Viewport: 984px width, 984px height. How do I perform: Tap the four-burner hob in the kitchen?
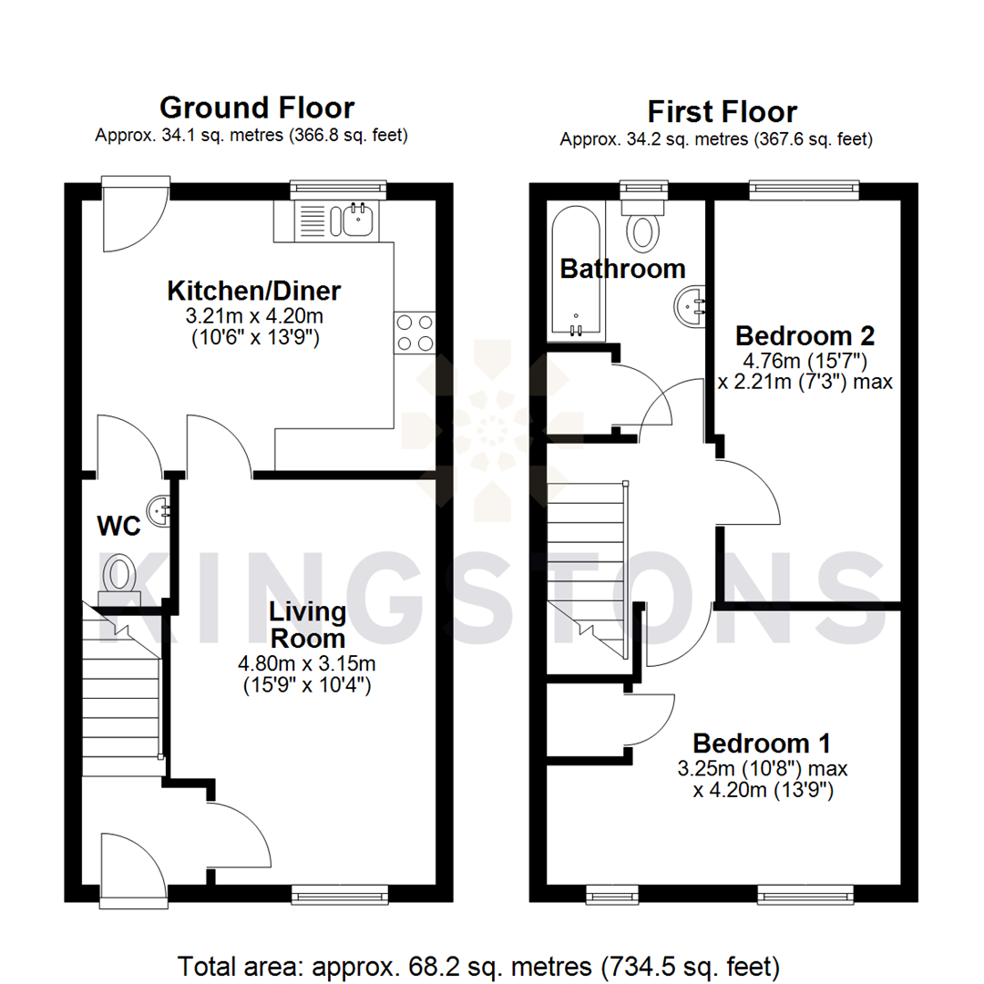(415, 333)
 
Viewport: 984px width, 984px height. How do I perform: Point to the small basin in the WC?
(162, 508)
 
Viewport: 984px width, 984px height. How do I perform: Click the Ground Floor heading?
(257, 108)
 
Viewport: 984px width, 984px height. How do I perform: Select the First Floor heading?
(722, 112)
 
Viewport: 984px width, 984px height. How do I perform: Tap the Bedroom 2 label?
(805, 335)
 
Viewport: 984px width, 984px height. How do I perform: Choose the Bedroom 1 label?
(762, 742)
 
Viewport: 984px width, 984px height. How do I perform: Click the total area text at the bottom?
(478, 965)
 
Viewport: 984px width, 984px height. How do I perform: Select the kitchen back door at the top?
(133, 217)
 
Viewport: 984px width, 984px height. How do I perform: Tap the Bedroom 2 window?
(804, 189)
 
